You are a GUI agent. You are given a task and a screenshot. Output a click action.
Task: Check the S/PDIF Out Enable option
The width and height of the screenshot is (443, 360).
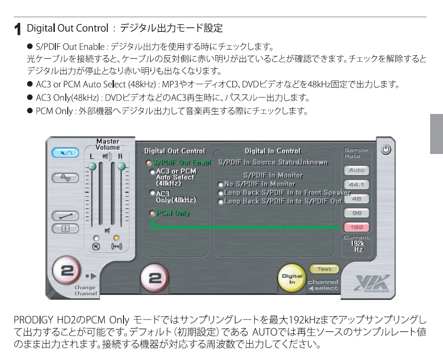pyautogui.click(x=149, y=163)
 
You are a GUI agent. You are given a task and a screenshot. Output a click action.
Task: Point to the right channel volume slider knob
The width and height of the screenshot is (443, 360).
pyautogui.click(x=122, y=166)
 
